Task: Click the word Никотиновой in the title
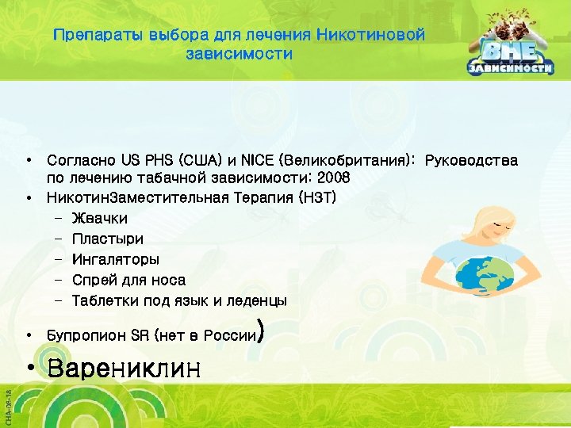tap(370, 36)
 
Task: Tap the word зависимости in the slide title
tap(239, 55)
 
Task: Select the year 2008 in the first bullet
tap(332, 178)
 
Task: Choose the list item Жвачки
tap(99, 218)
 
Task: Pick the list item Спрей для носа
tap(128, 280)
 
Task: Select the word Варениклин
tap(125, 369)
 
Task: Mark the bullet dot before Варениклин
tap(29, 369)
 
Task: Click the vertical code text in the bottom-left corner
tap(6, 401)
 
